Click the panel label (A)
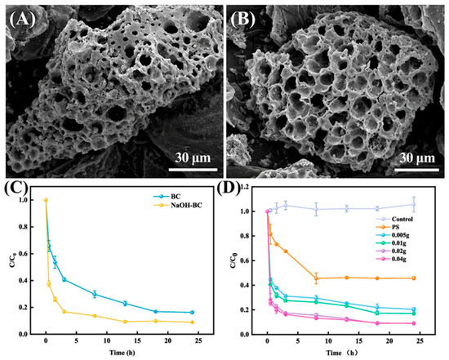coord(22,20)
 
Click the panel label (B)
coord(243,20)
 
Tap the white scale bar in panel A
coord(193,170)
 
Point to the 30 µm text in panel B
coord(417,158)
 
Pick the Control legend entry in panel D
coord(394,220)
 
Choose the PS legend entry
coord(386,228)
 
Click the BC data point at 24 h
coord(192,312)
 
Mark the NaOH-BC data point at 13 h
coord(125,322)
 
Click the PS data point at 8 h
coord(316,278)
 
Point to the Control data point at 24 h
coord(414,204)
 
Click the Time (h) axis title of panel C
coord(122,353)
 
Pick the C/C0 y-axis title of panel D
coord(233,260)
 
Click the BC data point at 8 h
coord(95,294)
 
